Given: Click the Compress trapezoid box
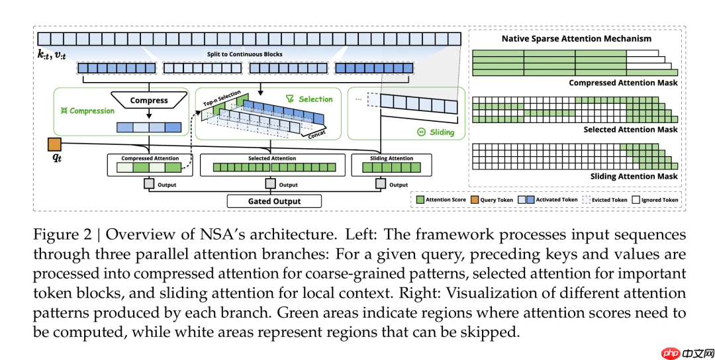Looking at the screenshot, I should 149,101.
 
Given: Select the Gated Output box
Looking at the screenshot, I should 274,201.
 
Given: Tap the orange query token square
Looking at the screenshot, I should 54,144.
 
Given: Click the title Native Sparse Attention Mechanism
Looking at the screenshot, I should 576,38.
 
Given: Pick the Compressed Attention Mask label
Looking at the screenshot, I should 623,83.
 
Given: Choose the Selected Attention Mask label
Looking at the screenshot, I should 630,130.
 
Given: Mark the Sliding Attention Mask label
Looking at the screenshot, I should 634,177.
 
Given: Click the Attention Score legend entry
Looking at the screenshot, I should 440,199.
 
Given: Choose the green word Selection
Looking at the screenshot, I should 315,99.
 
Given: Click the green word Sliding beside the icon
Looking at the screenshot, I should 442,132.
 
